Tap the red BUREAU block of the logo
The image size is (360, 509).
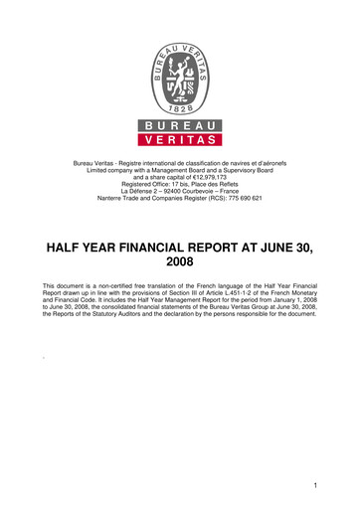pyautogui.click(x=180, y=125)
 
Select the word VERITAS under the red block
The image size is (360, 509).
pyautogui.click(x=180, y=140)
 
